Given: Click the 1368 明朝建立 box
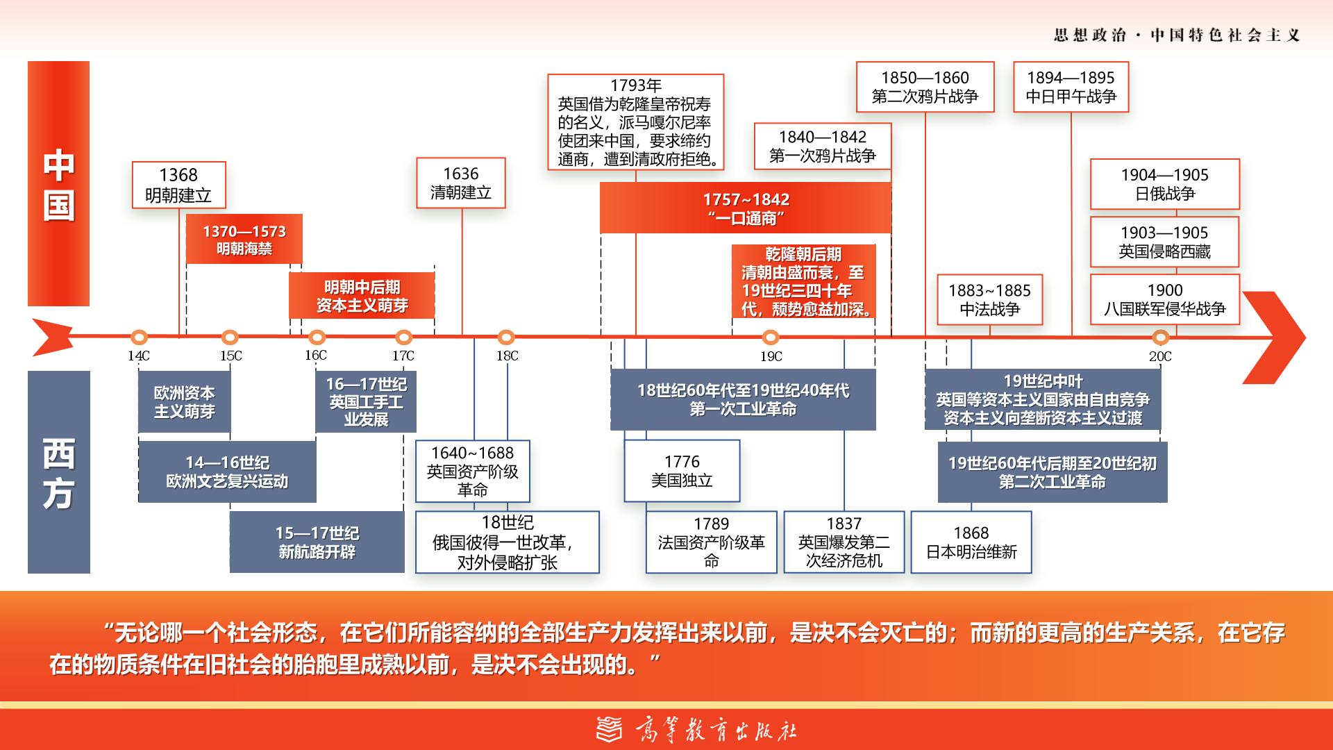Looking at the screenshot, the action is click(x=179, y=185).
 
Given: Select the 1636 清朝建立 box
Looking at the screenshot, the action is click(x=461, y=183).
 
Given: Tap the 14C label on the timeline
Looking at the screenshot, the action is click(x=138, y=356).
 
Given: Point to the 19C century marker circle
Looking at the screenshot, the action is click(x=770, y=337).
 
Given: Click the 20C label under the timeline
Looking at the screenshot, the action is click(x=1160, y=356).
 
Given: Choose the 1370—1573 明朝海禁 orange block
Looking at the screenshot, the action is click(x=244, y=239).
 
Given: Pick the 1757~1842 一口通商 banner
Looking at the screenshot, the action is click(x=746, y=208).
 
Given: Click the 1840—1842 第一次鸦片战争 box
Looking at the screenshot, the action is click(x=823, y=147).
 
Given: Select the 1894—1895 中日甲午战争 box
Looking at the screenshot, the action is click(x=1071, y=87).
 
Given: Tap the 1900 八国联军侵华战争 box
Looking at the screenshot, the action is click(x=1165, y=299).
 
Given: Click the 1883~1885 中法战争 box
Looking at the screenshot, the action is click(x=990, y=299).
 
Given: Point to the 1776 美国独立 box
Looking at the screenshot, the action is click(x=682, y=470).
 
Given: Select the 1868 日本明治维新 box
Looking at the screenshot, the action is click(x=971, y=542).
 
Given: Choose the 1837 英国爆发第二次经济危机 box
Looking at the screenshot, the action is click(x=844, y=542).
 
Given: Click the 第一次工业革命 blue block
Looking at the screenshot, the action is click(x=743, y=399).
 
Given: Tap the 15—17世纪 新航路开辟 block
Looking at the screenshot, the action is click(x=317, y=542).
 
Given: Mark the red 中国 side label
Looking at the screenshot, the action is click(x=59, y=183).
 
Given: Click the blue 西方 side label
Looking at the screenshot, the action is click(x=59, y=472).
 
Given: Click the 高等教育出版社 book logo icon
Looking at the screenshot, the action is click(x=610, y=729).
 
